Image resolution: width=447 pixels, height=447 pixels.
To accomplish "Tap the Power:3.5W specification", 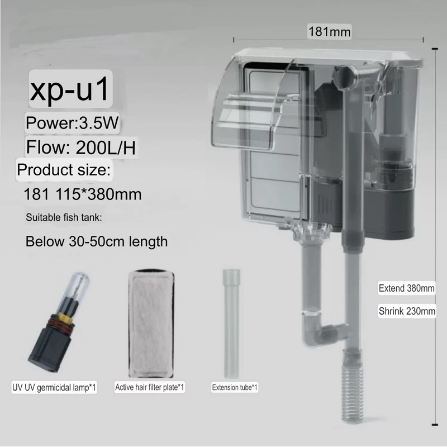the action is coord(72,123).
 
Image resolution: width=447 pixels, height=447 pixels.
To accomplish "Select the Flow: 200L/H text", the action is coord(81,147).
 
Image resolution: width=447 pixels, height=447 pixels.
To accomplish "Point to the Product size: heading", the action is coord(64,170).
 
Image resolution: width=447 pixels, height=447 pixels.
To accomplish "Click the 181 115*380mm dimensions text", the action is coord(82,194).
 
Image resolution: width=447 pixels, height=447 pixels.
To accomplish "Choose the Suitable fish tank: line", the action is coord(64,217).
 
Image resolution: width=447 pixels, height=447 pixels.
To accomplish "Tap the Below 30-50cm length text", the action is coord(97,241).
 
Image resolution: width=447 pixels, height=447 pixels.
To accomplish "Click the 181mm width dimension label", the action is coord(330,32).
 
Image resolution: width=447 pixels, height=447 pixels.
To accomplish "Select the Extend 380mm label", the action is coord(407,288).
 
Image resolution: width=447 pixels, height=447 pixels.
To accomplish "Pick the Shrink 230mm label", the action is coord(407,311).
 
